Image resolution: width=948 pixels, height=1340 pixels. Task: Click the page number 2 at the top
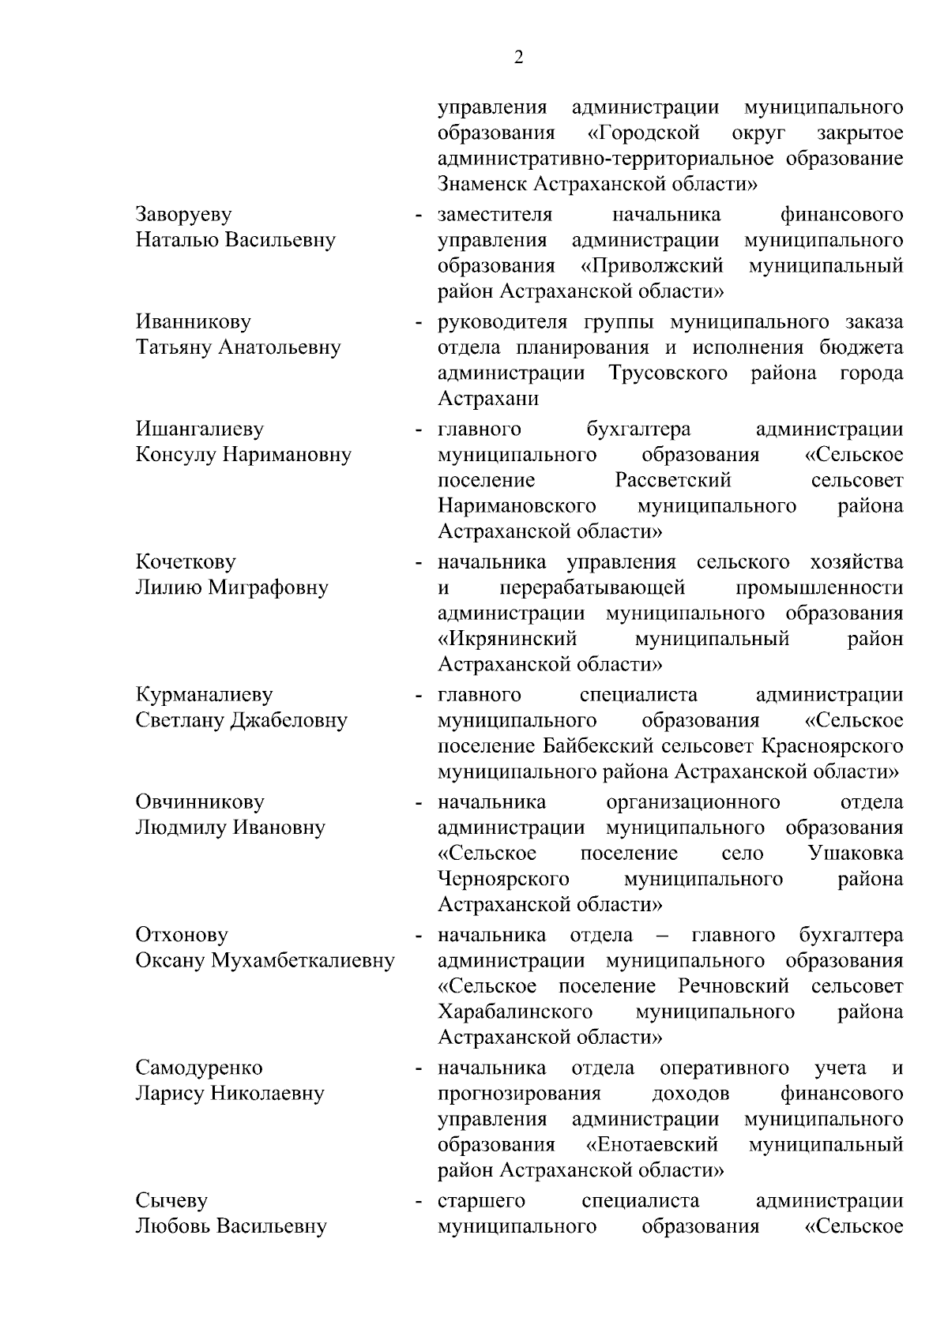(518, 58)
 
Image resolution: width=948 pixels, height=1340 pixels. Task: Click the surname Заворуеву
(183, 215)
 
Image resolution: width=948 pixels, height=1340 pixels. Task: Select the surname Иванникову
(193, 322)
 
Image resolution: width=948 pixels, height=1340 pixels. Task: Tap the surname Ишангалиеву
(199, 430)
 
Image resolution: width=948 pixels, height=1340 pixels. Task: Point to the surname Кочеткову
(186, 562)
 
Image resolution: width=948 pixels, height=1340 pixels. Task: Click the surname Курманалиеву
(204, 695)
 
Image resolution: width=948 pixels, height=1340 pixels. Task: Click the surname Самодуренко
(199, 1068)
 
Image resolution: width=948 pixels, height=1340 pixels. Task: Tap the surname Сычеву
(171, 1201)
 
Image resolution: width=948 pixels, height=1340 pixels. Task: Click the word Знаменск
(482, 184)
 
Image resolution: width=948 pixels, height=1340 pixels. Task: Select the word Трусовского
(668, 373)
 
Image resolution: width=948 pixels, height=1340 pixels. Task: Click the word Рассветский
(673, 481)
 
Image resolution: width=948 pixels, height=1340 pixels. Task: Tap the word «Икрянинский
(507, 639)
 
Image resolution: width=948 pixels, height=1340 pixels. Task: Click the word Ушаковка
(856, 854)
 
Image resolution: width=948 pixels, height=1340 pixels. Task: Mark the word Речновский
(733, 986)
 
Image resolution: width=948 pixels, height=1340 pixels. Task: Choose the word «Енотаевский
(653, 1145)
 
